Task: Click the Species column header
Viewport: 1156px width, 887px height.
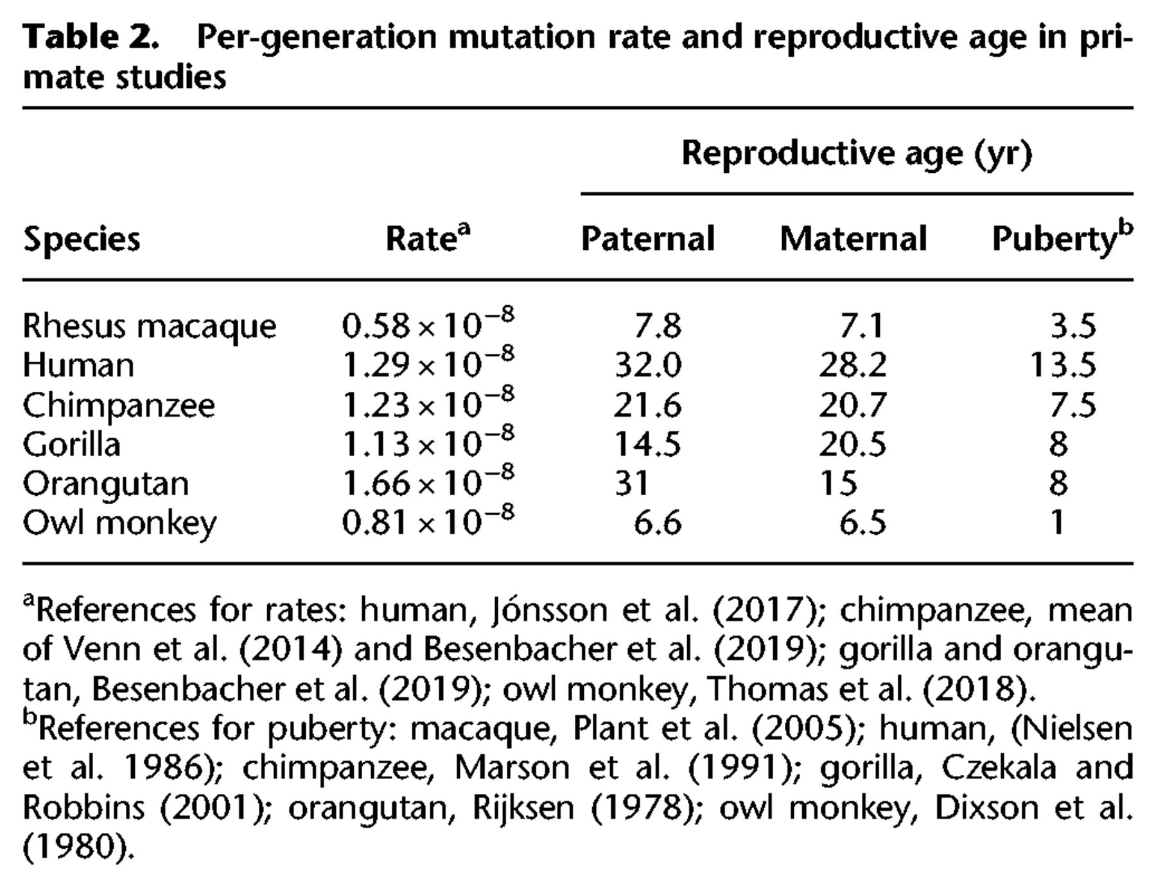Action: (82, 240)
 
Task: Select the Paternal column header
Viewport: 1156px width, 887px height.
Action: (647, 238)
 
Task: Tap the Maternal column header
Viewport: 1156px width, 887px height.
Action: (853, 238)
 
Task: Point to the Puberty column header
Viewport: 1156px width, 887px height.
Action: (1062, 238)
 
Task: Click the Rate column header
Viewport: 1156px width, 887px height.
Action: (428, 237)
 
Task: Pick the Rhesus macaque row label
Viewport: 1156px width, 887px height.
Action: (150, 326)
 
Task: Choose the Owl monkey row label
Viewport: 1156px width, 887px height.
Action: (120, 523)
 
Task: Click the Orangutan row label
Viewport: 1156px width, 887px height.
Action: (106, 484)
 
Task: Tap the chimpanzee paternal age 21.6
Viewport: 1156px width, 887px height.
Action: (647, 405)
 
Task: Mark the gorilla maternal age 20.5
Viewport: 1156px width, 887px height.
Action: (852, 444)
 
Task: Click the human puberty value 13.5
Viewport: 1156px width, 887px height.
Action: (1063, 365)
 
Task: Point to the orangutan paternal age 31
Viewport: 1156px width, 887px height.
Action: (631, 483)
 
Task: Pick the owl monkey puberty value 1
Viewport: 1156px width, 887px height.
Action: (1058, 523)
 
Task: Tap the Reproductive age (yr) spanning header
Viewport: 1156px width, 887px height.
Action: (857, 154)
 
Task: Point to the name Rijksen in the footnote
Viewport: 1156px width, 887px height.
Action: (523, 807)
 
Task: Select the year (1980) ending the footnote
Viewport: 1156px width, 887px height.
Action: (79, 847)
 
